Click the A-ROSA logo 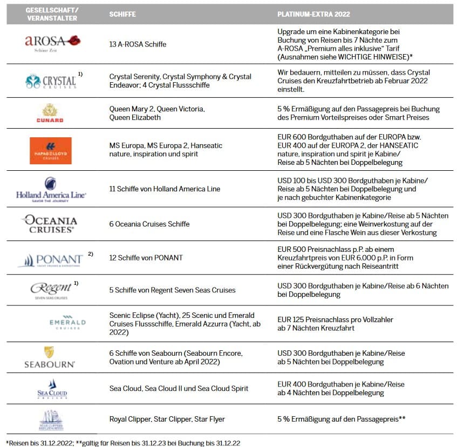pos(52,41)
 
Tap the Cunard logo pos(50,113)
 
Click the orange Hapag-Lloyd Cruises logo pos(51,150)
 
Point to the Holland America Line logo pos(51,189)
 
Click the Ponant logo pos(50,259)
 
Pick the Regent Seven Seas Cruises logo pos(50,290)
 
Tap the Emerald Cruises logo pos(59,322)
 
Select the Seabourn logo pos(50,357)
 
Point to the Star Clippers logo pos(51,419)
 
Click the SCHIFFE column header pos(123,14)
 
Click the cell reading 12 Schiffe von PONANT pos(146,258)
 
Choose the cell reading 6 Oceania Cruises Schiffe pos(149,224)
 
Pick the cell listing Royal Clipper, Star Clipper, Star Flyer pos(167,419)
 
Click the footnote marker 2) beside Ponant pos(91,252)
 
